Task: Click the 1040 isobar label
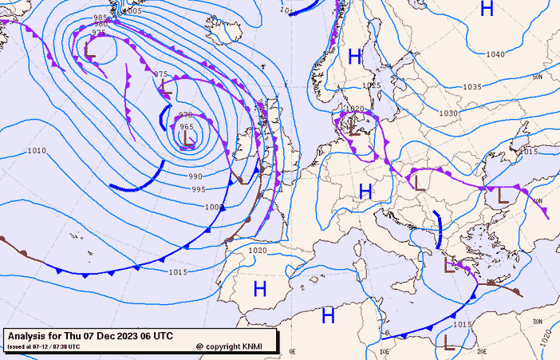(x=495, y=54)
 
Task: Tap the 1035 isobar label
(x=472, y=87)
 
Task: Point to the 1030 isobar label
(x=448, y=113)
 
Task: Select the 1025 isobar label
(x=371, y=85)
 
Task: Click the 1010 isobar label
(x=37, y=150)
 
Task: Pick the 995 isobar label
(x=199, y=189)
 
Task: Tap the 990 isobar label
(x=195, y=176)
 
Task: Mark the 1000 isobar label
(x=213, y=207)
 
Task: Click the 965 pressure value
(x=187, y=127)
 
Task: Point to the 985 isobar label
(x=101, y=18)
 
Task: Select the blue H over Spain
(x=260, y=289)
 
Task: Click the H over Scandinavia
(x=355, y=56)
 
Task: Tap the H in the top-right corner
(x=487, y=10)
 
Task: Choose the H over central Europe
(x=365, y=191)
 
